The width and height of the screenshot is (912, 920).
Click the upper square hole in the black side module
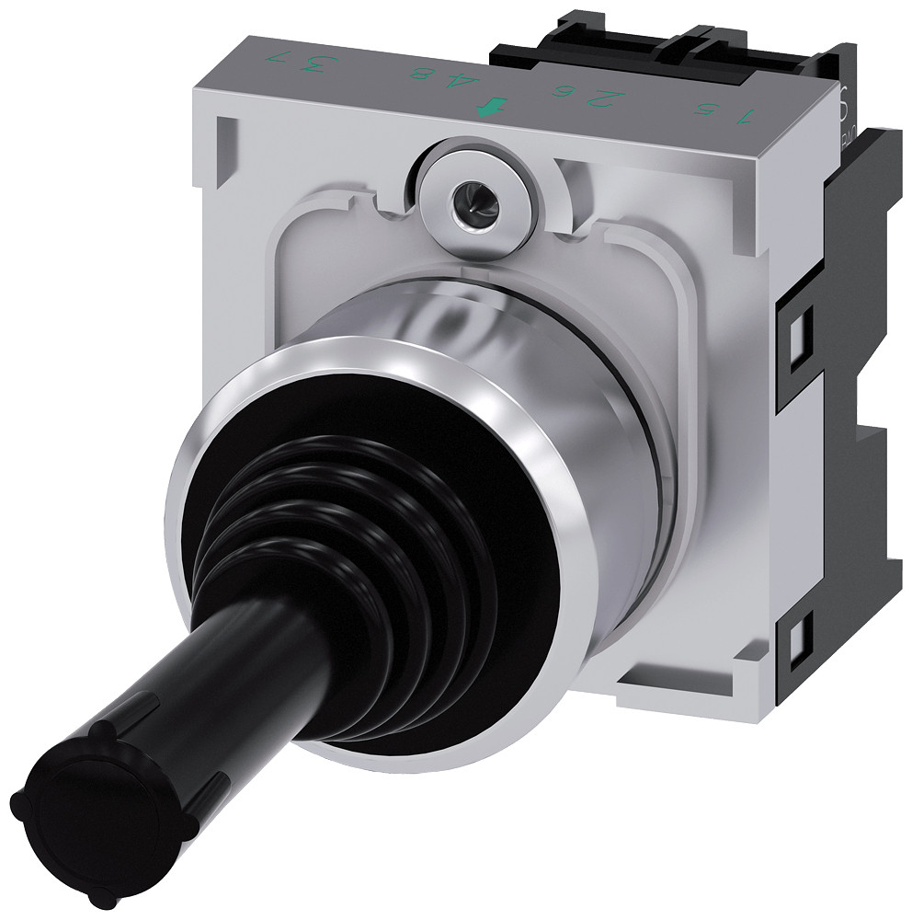(799, 325)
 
